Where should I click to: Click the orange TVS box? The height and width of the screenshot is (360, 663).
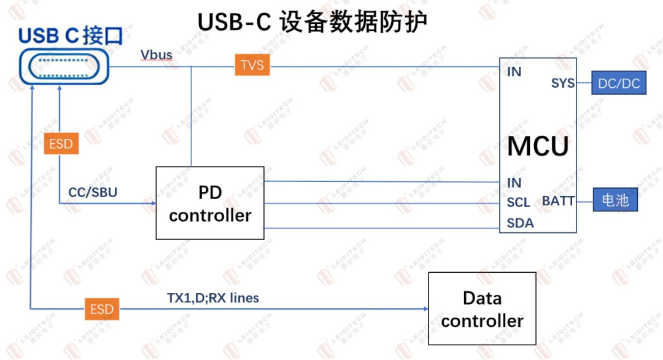coord(252,65)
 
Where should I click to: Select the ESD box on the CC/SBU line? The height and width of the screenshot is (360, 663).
coord(61,143)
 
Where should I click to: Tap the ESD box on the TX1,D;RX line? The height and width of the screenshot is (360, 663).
coord(102,309)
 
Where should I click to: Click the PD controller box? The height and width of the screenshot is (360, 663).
coord(210,203)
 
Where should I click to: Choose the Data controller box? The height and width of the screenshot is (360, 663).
coord(482,308)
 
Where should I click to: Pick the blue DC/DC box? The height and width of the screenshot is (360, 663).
coord(619,83)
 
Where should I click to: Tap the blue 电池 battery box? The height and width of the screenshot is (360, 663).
coord(615,200)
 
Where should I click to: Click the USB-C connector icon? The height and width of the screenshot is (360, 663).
coord(64,66)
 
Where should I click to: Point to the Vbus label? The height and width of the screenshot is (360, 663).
coord(157,55)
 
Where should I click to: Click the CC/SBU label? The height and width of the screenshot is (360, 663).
coord(93,192)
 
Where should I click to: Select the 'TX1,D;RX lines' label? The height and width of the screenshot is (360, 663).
coord(213,298)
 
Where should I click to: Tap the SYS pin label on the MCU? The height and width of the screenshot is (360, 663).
coord(563,84)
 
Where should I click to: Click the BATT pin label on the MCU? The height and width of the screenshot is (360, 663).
coord(558,201)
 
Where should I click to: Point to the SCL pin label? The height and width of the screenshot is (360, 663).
coord(518,203)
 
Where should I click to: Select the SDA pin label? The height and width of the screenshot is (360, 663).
coord(520,223)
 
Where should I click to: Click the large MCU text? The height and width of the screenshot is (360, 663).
coord(538,146)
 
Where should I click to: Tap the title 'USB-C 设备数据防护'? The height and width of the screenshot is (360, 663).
coord(312,22)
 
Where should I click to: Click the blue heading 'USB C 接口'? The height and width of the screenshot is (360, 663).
coord(71,36)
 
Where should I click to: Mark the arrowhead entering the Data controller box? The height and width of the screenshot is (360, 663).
coord(426,309)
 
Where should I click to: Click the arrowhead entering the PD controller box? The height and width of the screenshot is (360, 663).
coord(153,203)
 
